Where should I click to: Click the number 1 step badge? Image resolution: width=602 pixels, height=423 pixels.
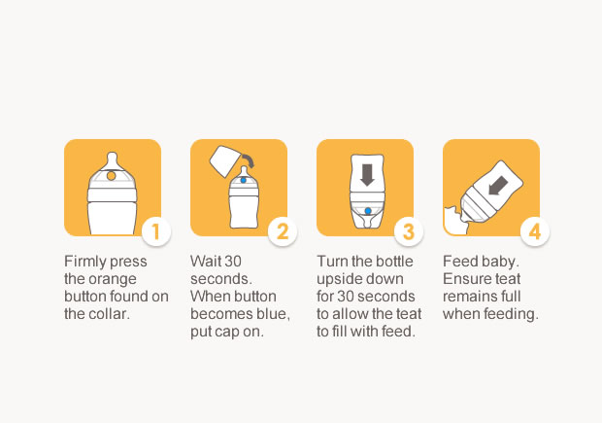(156, 231)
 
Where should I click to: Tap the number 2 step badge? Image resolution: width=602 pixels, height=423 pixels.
(283, 231)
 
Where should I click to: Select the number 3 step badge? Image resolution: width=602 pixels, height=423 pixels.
(409, 231)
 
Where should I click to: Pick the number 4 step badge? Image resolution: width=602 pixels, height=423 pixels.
(535, 231)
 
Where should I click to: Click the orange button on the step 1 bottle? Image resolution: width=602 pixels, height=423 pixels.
(112, 176)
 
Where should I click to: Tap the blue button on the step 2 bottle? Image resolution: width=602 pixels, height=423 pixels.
(243, 180)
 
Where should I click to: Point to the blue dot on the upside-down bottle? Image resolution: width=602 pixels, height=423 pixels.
(368, 211)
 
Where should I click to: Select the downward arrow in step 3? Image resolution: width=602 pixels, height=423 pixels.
(367, 175)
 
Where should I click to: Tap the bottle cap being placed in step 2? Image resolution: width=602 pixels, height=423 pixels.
(224, 161)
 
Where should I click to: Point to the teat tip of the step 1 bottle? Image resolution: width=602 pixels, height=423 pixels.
(112, 155)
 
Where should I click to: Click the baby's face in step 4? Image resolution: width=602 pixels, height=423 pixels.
(455, 222)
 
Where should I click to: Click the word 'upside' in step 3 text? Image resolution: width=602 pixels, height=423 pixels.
(336, 279)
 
